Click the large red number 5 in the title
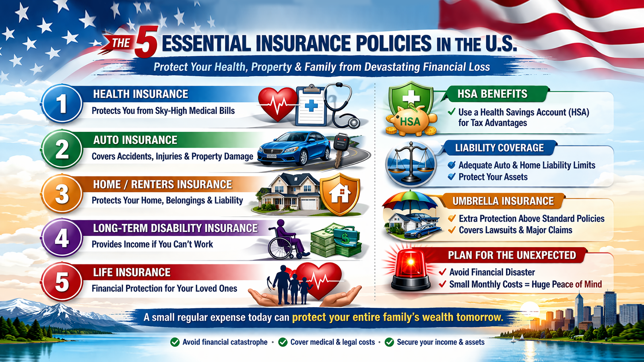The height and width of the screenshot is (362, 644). pyautogui.click(x=146, y=43)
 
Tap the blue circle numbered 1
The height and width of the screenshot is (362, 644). pyautogui.click(x=62, y=104)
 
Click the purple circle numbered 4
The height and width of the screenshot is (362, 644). pyautogui.click(x=62, y=238)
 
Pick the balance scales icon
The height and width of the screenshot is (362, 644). pyautogui.click(x=411, y=163)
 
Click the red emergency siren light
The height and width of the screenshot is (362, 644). pyautogui.click(x=411, y=269)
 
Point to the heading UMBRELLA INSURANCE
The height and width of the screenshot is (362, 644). pyautogui.click(x=503, y=201)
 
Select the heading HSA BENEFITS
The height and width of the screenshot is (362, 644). pyautogui.click(x=492, y=94)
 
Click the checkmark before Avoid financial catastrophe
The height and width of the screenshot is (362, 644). pyautogui.click(x=175, y=342)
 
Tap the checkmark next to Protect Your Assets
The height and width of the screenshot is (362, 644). pyautogui.click(x=452, y=177)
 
